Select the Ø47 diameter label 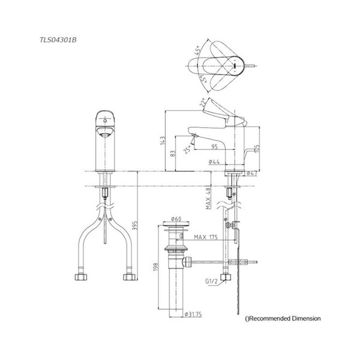click(251, 174)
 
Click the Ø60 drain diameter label click(176, 220)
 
